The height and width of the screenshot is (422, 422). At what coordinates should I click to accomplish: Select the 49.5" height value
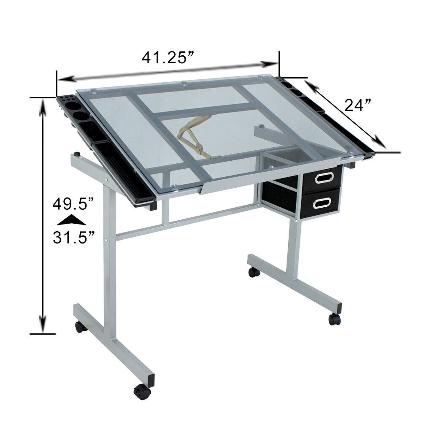tap(73, 205)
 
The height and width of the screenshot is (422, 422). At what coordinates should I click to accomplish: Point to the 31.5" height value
tap(73, 237)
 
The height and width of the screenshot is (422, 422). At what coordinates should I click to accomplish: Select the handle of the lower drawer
tap(321, 202)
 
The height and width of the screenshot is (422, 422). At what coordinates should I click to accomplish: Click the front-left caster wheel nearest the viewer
tap(142, 392)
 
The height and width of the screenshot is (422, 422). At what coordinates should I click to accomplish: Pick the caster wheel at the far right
tap(335, 319)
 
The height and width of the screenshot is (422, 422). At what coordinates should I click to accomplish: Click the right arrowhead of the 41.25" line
tap(270, 64)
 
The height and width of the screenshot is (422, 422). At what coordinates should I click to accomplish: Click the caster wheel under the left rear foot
tap(80, 327)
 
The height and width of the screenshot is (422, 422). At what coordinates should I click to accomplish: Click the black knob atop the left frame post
tap(78, 154)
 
